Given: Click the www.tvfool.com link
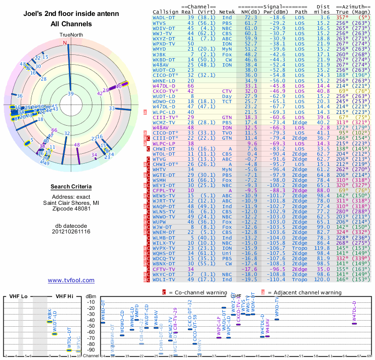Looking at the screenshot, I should tap(71, 280).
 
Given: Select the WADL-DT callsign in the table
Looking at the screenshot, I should tap(165, 17).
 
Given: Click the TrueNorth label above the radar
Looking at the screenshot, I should tap(71, 35).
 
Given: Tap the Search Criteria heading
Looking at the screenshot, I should tap(71, 187).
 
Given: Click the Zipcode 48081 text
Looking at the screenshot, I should tap(71, 209).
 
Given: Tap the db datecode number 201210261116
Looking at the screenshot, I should tap(71, 232).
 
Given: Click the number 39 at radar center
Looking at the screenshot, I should tap(71, 94).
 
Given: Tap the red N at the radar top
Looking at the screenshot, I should tap(65, 43).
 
